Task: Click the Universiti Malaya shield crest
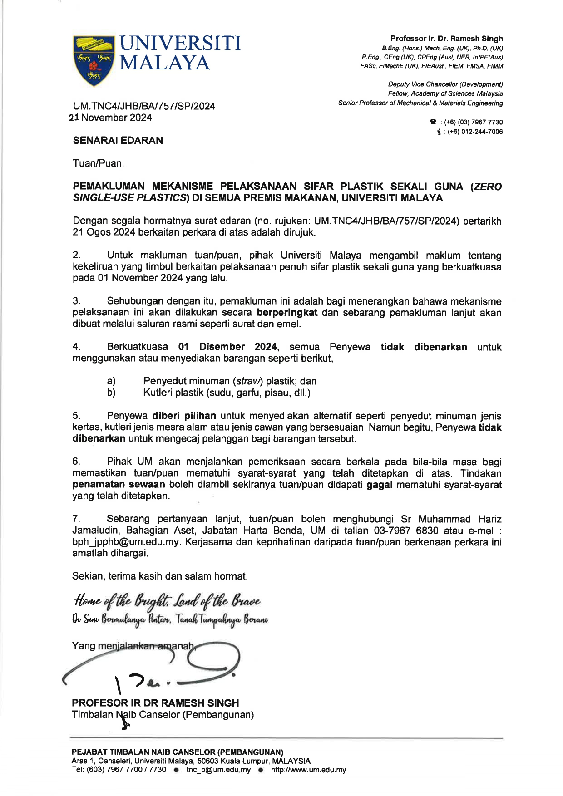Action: coord(94,59)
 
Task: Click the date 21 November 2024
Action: coord(110,118)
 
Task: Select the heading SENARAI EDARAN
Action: coord(118,141)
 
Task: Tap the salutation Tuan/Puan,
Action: coord(98,163)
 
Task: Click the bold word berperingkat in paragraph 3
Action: coord(287,313)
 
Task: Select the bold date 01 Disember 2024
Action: coord(227,347)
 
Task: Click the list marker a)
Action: coord(111,381)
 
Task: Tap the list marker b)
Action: coord(111,393)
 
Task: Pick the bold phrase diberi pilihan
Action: coord(184,416)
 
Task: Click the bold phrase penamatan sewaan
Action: coord(119,485)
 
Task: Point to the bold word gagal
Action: coord(379,485)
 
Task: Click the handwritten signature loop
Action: coord(213,658)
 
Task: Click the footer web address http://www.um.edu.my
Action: coord(308,770)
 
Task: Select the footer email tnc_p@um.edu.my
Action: coord(218,770)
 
